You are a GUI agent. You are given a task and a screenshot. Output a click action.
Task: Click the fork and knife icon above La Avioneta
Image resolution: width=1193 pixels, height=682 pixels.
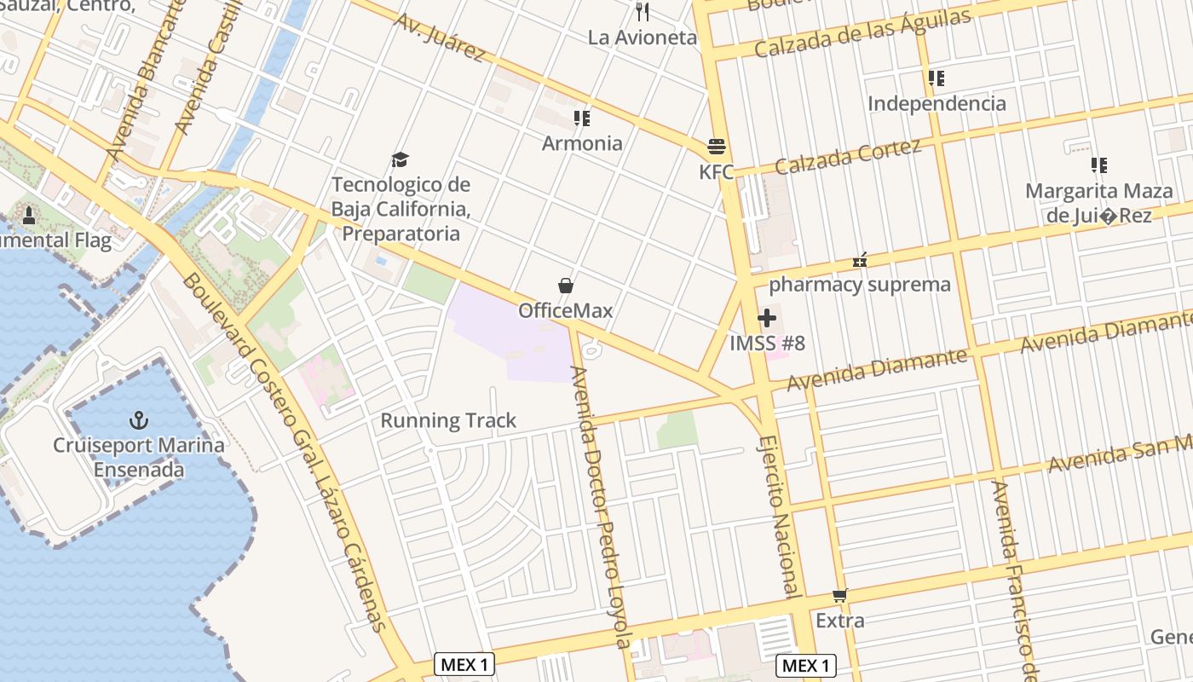643,12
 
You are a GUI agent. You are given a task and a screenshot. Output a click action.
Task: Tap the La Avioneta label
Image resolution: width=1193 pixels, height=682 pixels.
643,38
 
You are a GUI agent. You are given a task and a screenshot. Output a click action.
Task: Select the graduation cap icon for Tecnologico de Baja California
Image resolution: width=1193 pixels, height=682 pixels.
400,159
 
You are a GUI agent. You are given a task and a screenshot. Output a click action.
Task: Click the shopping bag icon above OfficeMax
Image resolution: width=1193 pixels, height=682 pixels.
565,285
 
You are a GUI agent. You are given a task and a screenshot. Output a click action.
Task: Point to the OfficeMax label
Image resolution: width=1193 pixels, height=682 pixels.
565,310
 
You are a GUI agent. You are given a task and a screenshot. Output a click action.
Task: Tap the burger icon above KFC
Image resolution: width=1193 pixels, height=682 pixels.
716,147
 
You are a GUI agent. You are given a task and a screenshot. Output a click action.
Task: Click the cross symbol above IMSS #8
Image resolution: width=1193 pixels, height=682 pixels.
767,318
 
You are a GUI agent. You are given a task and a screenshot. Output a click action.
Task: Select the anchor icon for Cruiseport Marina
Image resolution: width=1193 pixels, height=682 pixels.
138,419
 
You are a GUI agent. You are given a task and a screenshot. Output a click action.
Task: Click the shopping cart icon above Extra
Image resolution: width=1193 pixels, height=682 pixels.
840,595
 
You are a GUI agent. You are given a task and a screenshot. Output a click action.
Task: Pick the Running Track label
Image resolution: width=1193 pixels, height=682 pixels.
448,420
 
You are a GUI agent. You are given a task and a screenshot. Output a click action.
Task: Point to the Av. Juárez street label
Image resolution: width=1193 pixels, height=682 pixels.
440,37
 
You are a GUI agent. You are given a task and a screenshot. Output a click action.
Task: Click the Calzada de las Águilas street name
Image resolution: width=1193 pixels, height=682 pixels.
862,34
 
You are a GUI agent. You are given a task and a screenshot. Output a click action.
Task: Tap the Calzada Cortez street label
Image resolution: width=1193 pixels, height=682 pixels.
848,156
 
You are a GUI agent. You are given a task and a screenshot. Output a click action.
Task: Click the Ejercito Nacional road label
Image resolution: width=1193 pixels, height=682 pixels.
779,516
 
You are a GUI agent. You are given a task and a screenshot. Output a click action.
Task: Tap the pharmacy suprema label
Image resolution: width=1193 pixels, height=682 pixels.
859,285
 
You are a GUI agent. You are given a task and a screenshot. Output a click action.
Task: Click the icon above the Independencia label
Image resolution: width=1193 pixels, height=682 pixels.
937,78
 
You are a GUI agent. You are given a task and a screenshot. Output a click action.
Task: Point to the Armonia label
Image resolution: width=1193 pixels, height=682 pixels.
582,143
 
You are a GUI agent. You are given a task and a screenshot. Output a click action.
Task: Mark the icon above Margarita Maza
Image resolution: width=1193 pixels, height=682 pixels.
1099,165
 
